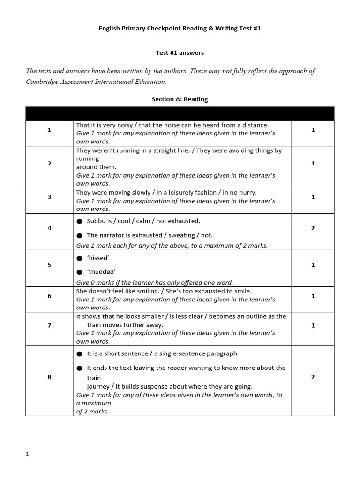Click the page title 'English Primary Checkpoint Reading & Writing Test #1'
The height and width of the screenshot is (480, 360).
tap(180, 28)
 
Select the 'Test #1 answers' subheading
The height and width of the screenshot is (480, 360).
tap(180, 53)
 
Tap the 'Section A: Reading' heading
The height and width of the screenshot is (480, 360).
tap(180, 99)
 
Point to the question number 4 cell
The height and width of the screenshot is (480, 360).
tap(49, 228)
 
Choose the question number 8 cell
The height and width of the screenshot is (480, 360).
tap(49, 377)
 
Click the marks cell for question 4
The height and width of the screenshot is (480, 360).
tap(313, 228)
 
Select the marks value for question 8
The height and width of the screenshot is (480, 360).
tap(313, 377)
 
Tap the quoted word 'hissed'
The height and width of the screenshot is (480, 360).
tap(98, 258)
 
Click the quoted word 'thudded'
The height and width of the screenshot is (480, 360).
tap(101, 272)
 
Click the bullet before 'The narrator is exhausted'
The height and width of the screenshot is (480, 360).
tap(80, 236)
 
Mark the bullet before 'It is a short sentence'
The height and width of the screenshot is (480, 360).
tap(80, 354)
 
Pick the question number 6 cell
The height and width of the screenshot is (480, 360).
tap(49, 296)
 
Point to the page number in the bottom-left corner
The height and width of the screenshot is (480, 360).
tap(27, 454)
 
